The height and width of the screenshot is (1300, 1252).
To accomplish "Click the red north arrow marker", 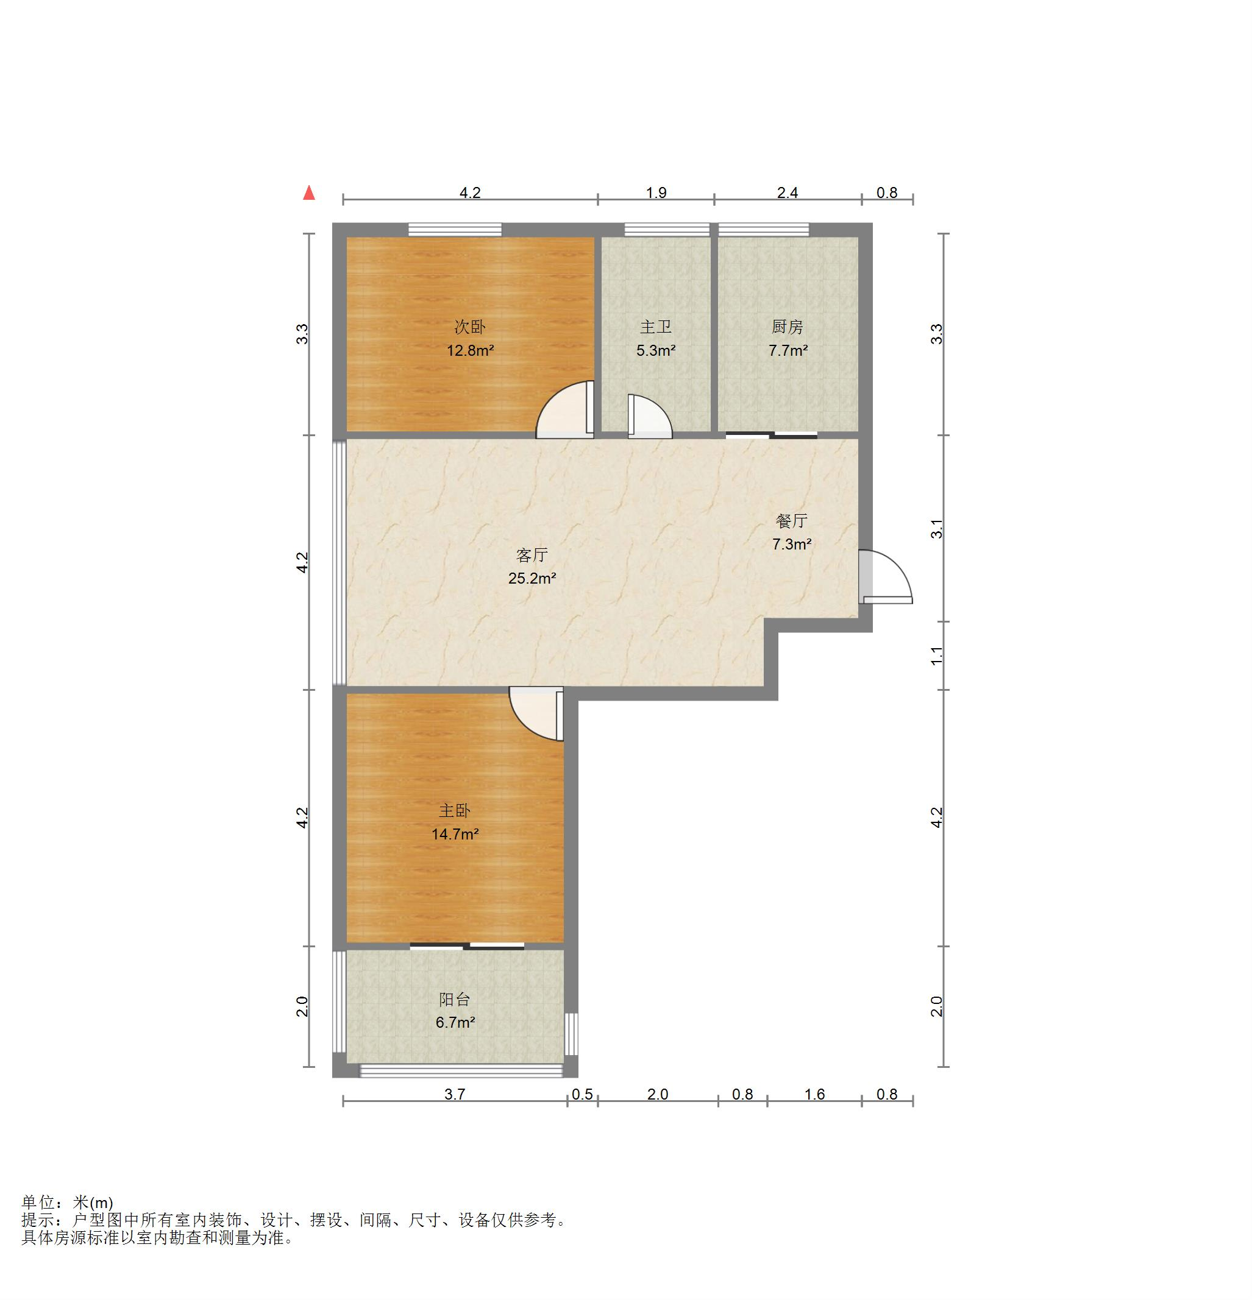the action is pos(308,193).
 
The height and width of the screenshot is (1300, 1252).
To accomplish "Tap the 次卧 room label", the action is pos(470,327).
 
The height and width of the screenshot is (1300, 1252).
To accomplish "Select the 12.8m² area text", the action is pos(470,350).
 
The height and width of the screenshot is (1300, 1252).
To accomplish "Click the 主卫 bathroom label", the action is pos(655,327).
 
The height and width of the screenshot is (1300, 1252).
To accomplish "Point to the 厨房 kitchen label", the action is pos(788,327).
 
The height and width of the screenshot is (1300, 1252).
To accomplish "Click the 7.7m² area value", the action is pos(788,350).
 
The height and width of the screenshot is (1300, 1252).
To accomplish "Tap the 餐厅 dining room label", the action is pos(792,521).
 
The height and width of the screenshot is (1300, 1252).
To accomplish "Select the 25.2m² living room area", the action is pos(532,578).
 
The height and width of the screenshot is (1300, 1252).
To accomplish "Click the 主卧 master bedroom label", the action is pos(455,810).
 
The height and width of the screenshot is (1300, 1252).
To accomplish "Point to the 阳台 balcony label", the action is pos(455,1000).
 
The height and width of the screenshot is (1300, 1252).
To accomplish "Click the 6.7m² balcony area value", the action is pos(455,1023).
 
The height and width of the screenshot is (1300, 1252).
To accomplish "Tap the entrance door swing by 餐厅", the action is pos(886,576).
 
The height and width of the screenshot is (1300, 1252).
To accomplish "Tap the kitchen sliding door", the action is pos(772,435).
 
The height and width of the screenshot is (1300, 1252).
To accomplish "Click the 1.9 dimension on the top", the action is pos(656,193).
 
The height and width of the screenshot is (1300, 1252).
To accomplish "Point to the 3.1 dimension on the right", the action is pos(937,529).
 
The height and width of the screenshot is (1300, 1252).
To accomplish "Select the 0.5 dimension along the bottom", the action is pos(583,1094).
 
